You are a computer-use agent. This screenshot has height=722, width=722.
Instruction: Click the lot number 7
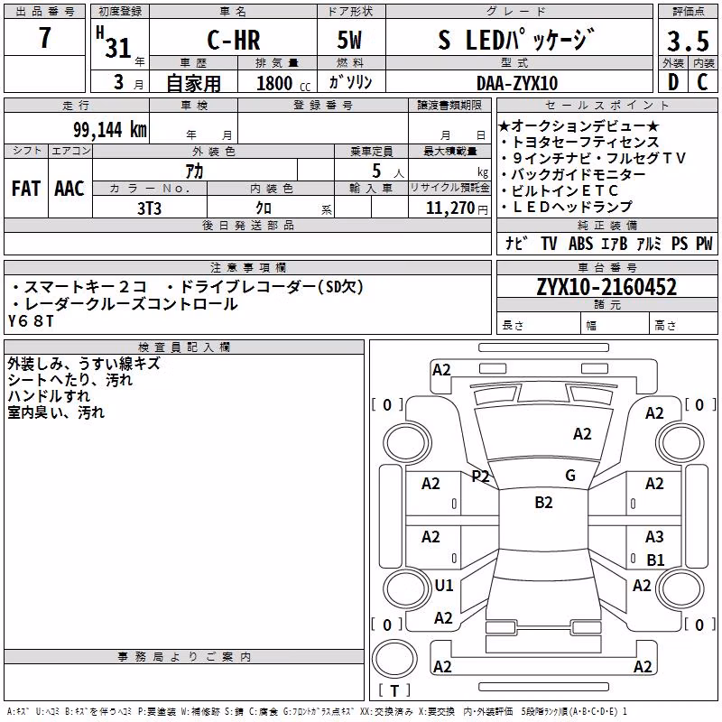(44, 37)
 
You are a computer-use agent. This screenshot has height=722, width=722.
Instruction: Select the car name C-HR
(234, 40)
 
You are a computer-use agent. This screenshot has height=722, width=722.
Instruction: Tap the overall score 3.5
(688, 41)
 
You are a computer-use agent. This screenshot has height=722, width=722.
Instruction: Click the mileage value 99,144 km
(109, 130)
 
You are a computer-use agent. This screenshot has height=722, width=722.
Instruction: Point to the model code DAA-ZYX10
(517, 83)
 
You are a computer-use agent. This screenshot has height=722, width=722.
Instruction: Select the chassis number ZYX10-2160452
(606, 287)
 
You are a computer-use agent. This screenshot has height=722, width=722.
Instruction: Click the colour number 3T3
(149, 208)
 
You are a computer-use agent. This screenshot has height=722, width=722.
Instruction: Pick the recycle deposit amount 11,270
(449, 208)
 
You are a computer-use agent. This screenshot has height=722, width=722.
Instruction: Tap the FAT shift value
(26, 189)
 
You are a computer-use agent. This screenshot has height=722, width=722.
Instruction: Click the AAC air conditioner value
(69, 189)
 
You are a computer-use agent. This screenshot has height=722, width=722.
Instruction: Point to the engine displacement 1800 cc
(283, 83)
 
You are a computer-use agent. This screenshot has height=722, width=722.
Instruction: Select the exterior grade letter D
(673, 82)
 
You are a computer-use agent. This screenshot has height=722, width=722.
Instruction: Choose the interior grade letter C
(703, 82)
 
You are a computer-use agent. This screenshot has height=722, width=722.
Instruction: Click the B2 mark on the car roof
(543, 503)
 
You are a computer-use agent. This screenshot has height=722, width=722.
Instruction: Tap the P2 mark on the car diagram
(480, 477)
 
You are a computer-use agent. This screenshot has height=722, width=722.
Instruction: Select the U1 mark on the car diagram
(444, 585)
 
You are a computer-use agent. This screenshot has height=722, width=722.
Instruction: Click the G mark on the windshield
(570, 476)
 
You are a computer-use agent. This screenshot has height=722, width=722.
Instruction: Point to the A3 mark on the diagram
(654, 536)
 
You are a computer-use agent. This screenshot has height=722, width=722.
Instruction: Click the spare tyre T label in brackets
(394, 690)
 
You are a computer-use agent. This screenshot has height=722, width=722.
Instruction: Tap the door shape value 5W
(349, 40)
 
